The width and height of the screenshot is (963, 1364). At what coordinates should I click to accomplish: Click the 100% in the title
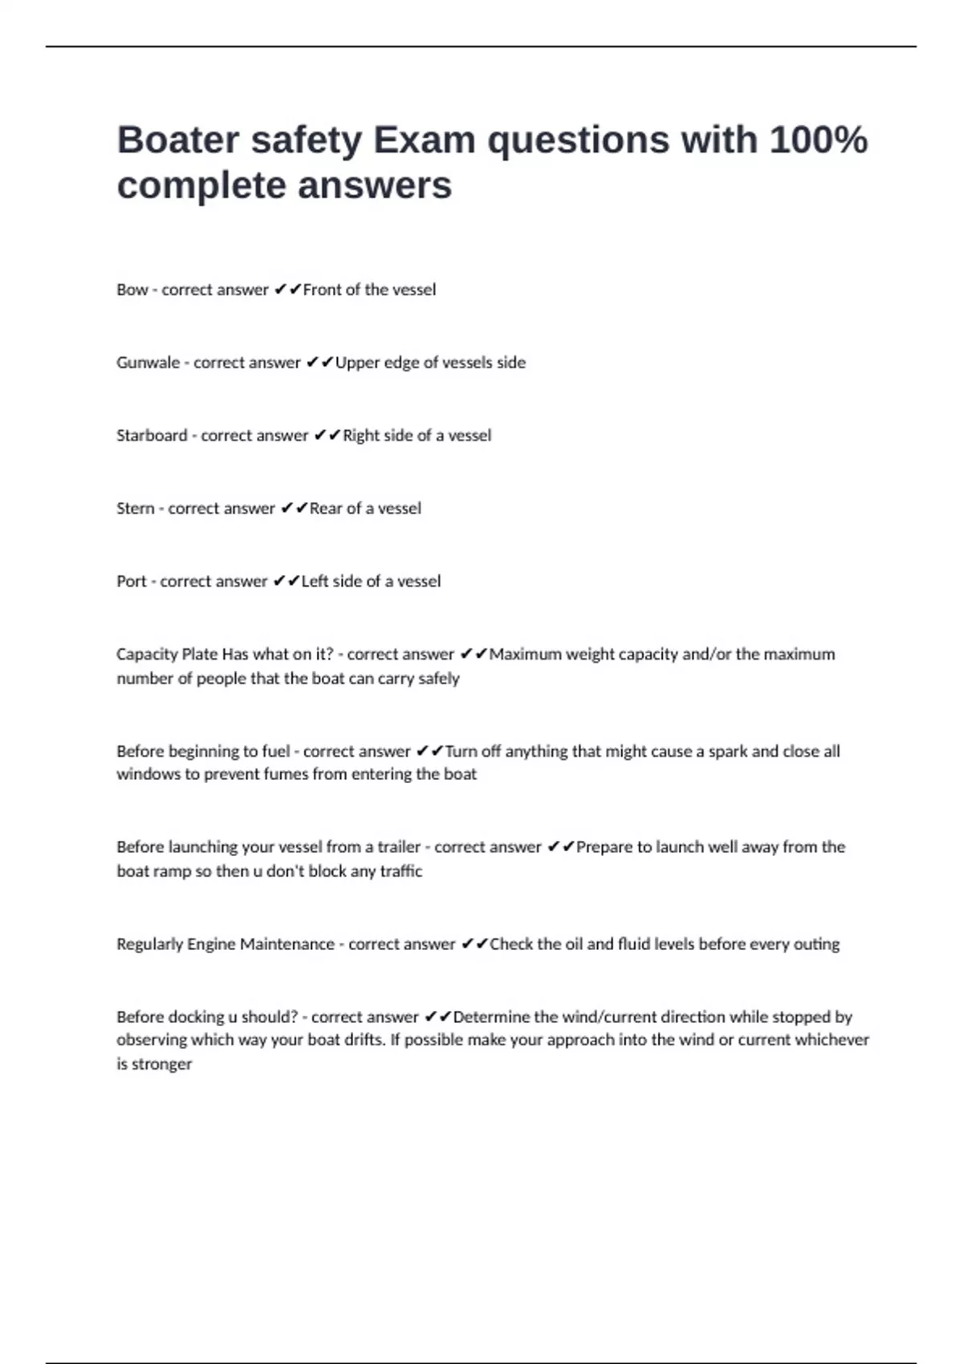819,140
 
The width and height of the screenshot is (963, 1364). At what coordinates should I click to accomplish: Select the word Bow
132,290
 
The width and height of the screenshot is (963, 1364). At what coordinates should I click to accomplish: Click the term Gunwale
148,363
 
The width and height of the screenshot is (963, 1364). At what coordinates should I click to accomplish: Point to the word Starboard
152,436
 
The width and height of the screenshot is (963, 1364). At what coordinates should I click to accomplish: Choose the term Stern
135,509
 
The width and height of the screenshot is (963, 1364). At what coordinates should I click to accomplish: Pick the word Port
131,582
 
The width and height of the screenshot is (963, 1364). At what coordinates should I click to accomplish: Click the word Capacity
147,655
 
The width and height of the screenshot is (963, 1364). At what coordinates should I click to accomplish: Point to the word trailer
398,847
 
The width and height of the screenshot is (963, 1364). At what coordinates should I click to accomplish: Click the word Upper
358,363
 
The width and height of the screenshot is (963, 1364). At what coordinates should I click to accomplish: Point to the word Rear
325,509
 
